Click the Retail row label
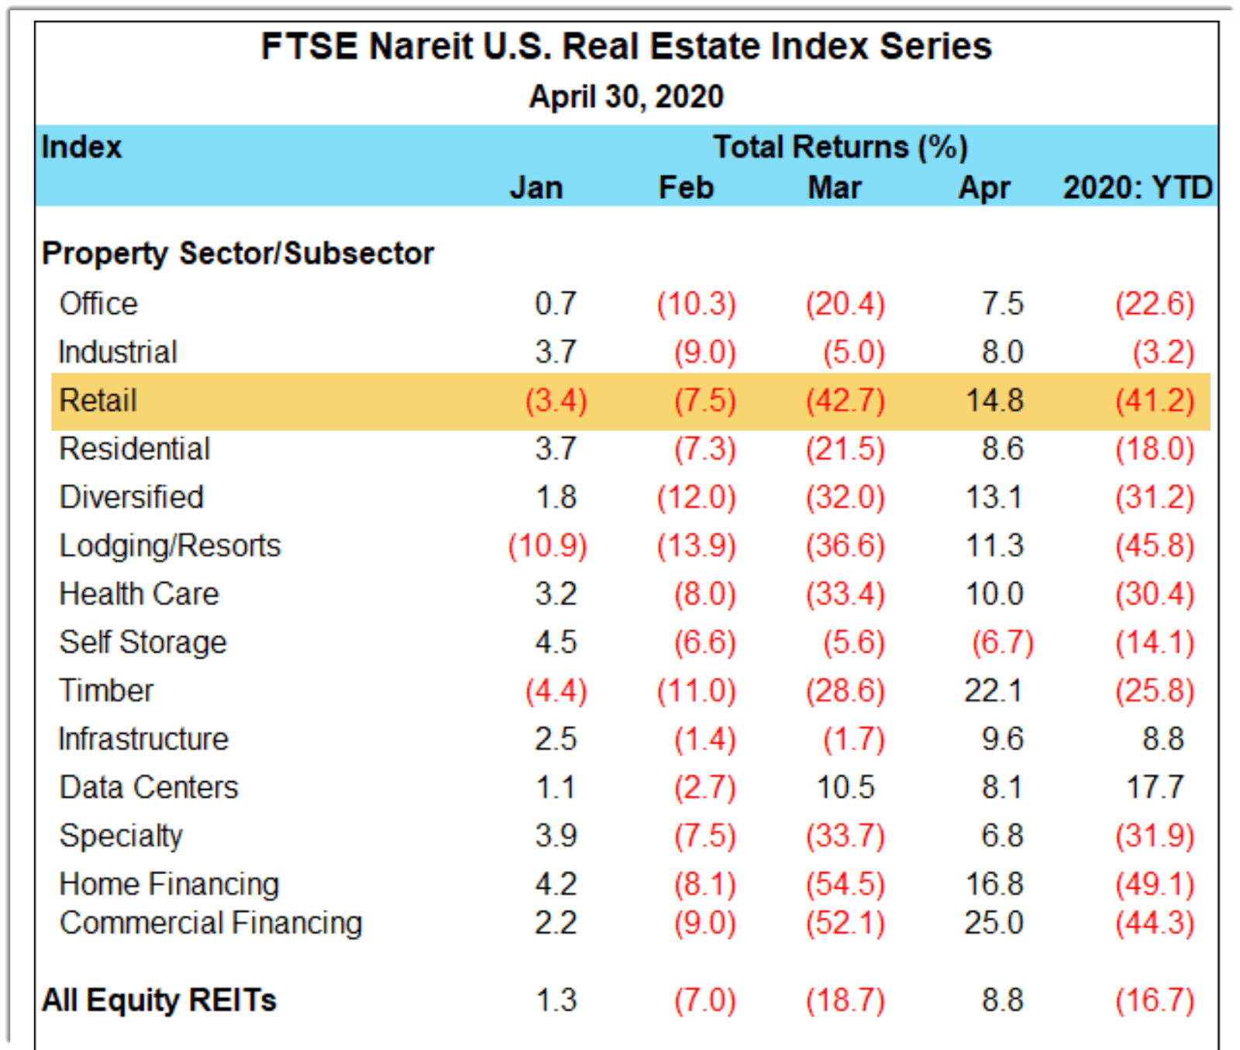[x=98, y=401]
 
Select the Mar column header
[x=834, y=188]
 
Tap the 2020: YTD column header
[x=1137, y=188]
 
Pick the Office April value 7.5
[x=1002, y=304]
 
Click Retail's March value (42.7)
[x=845, y=401]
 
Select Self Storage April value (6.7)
[x=1002, y=642]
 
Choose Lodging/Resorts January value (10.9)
[x=547, y=546]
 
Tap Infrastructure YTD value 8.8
[x=1162, y=739]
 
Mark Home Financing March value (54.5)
[x=845, y=884]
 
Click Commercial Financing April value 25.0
[x=994, y=923]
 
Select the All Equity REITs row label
[x=159, y=1000]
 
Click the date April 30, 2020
[x=625, y=97]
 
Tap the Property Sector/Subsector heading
[x=237, y=253]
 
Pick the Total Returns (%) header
[x=840, y=147]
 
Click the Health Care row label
[x=139, y=594]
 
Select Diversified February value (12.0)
[x=696, y=497]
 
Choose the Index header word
[x=81, y=147]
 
